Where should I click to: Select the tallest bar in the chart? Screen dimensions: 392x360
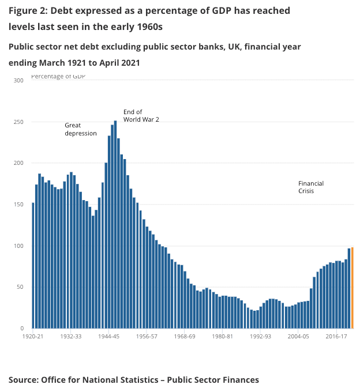[115, 225]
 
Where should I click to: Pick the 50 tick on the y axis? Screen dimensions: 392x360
[19, 287]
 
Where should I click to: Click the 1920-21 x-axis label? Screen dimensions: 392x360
[33, 336]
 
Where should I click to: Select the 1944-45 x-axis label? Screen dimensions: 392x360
[109, 336]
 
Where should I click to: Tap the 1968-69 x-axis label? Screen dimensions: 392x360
[185, 336]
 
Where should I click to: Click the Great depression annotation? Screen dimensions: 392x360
[80, 129]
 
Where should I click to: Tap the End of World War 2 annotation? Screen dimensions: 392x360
[141, 115]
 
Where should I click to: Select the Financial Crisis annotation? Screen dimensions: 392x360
[311, 187]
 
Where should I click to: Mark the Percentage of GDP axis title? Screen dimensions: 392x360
[58, 77]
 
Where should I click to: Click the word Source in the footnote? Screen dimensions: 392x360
[25, 379]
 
